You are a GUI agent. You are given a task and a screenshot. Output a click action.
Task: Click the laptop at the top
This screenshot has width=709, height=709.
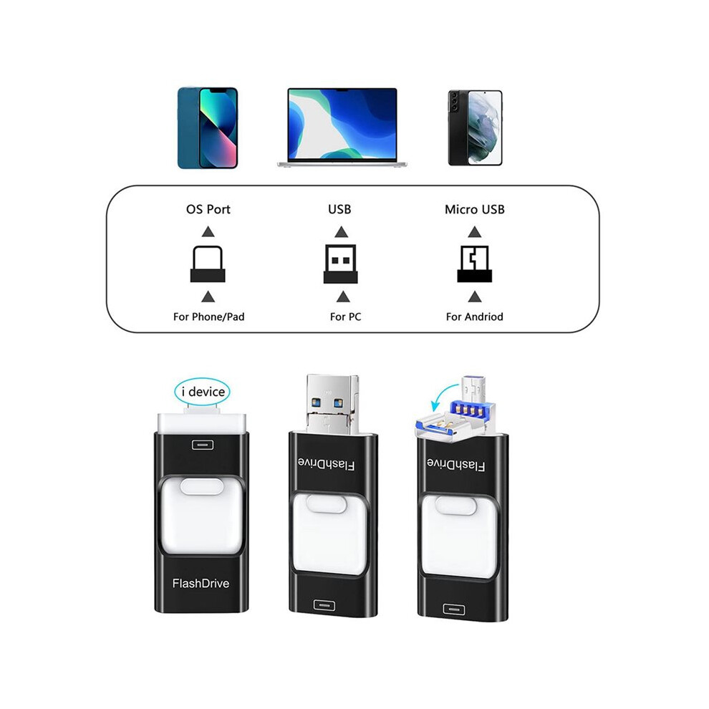coord(342,127)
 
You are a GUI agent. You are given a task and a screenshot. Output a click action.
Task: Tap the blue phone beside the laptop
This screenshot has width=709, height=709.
coord(208,128)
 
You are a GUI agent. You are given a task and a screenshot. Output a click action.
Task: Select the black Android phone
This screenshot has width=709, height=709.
coord(476,128)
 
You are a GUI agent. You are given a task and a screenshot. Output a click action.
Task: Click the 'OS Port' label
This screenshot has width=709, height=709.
coord(208,209)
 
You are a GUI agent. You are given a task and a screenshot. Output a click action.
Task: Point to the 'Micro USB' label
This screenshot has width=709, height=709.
coord(474,209)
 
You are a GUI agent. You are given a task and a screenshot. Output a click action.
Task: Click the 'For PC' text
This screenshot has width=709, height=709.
coord(345,317)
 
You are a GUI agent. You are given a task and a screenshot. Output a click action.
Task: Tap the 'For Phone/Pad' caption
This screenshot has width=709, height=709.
coord(208,317)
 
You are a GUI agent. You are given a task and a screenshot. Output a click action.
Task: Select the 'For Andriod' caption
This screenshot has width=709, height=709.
coord(474,317)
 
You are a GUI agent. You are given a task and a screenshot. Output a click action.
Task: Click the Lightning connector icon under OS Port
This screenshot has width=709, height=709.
coord(208,264)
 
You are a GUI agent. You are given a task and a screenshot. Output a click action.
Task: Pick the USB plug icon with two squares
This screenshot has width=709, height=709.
coord(340,264)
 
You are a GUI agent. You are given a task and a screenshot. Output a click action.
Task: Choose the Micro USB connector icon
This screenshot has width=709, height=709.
coord(474,264)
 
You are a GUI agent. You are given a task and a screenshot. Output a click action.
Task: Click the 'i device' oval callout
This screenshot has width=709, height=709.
coord(202,392)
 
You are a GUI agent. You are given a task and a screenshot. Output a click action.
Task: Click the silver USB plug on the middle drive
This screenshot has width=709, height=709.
coord(332,405)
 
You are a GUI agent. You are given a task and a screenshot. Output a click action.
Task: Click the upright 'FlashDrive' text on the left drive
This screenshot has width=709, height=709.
coord(201,583)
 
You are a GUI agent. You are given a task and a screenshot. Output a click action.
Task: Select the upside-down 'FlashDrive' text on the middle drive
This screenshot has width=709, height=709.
coord(326,464)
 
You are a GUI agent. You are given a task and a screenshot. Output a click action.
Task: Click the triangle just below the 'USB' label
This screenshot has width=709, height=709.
coord(342,232)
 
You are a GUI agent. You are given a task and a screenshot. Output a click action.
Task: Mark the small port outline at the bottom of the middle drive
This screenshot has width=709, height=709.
coord(324,605)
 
